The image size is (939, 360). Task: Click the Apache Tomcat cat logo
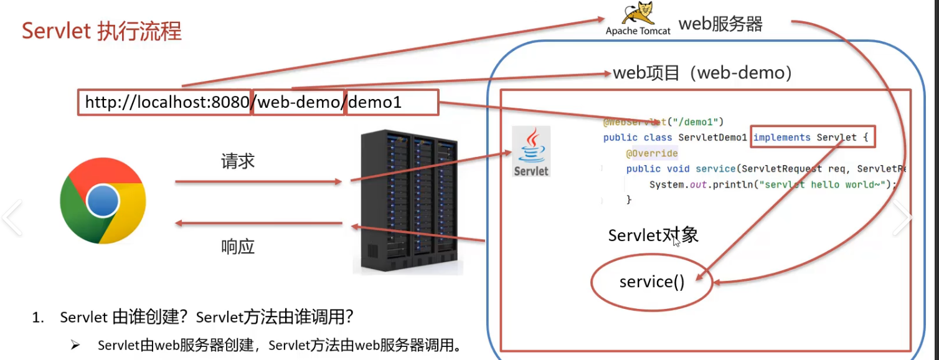(x=638, y=14)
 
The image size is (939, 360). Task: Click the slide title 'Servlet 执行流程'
(x=101, y=31)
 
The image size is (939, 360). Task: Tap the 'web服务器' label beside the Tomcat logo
(x=720, y=24)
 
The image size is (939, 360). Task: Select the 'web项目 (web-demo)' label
(x=702, y=73)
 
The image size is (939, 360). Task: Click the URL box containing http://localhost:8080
(x=166, y=102)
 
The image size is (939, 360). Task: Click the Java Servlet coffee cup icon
(x=531, y=151)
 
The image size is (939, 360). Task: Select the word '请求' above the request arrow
(x=238, y=162)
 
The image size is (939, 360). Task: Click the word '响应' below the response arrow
(x=238, y=247)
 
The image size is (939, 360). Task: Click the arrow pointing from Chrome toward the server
(x=258, y=182)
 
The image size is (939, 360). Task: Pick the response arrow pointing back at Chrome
(x=258, y=223)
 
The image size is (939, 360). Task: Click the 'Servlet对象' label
(x=653, y=235)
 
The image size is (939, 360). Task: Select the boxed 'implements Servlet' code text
(x=813, y=138)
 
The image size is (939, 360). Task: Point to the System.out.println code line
(x=772, y=184)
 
